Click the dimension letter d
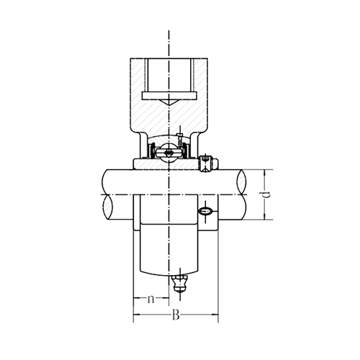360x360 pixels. click(x=266, y=194)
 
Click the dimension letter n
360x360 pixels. click(x=150, y=299)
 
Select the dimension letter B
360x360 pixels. click(x=176, y=315)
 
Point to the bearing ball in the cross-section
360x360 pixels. click(x=168, y=153)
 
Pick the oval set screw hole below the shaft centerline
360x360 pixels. click(x=205, y=211)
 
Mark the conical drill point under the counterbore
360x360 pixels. click(x=169, y=102)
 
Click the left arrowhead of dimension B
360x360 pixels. click(x=137, y=315)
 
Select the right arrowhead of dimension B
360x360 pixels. click(x=215, y=315)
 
